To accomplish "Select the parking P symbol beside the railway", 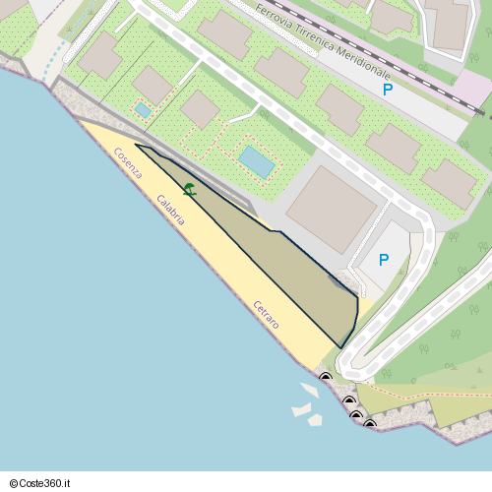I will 388,90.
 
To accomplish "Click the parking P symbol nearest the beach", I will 384,261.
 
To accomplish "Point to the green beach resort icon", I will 189,189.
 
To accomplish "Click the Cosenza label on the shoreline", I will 128,162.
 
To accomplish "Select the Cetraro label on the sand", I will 266,314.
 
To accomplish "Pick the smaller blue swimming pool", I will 144,110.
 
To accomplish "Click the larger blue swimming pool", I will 257,161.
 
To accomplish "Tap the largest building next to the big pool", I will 331,209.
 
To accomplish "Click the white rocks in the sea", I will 307,405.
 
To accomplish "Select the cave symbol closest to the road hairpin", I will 326,376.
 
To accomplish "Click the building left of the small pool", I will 100,55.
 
